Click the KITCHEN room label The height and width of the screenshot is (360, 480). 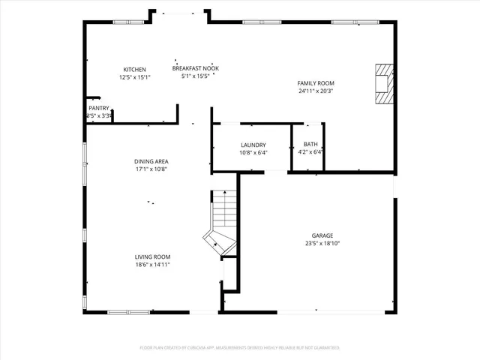134,70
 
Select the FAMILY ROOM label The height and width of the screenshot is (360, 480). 316,83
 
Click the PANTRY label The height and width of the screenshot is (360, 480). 99,109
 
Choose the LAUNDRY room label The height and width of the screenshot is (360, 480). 253,145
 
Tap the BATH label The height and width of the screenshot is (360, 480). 310,145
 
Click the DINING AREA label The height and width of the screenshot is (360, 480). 151,161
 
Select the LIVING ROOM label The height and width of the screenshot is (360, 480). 152,256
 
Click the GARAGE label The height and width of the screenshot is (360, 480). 322,235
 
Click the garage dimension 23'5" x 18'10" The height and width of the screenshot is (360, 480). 322,244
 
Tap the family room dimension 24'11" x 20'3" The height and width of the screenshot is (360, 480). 316,91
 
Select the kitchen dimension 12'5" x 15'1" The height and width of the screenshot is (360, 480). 134,77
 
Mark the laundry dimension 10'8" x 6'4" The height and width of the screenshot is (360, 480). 253,153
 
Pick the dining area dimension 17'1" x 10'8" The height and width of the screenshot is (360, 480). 151,169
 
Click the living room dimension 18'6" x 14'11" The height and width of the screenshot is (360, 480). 152,265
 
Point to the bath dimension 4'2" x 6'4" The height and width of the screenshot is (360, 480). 310,153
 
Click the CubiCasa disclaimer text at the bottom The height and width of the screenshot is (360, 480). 240,348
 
